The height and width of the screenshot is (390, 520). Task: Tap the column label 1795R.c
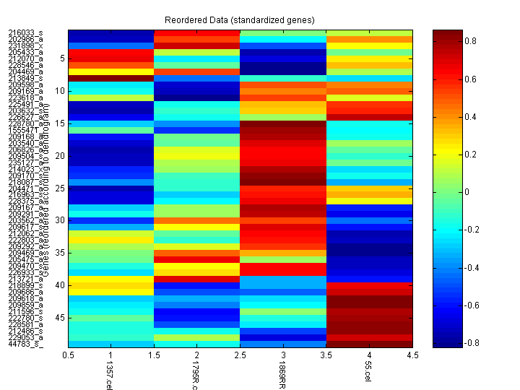[195, 375]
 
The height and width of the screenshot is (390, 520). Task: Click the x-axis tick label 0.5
[69, 355]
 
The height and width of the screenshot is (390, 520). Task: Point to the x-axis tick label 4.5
[412, 355]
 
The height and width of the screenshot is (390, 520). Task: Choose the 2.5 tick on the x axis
[240, 355]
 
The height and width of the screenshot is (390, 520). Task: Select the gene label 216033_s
[25, 33]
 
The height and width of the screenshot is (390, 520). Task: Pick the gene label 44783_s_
[25, 344]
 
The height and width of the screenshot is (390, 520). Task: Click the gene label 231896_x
[25, 46]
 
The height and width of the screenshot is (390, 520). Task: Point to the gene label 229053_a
[25, 337]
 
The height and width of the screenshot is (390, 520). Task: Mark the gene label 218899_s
[25, 285]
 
